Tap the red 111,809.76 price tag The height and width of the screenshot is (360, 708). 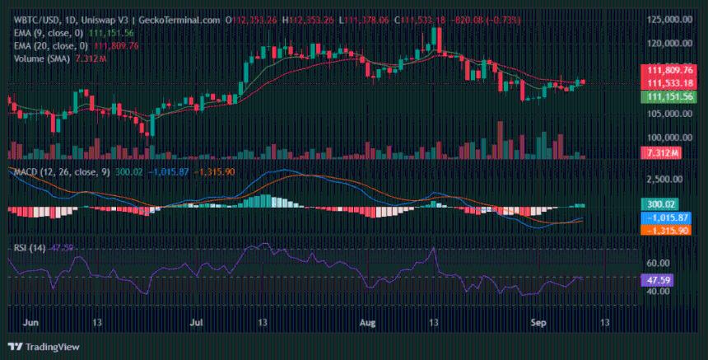point(668,71)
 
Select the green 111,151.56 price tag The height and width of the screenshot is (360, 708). point(668,96)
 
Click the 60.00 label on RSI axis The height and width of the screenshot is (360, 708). point(659,264)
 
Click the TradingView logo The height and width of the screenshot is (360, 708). point(35,347)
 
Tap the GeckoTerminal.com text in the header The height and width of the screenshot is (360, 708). point(168,8)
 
